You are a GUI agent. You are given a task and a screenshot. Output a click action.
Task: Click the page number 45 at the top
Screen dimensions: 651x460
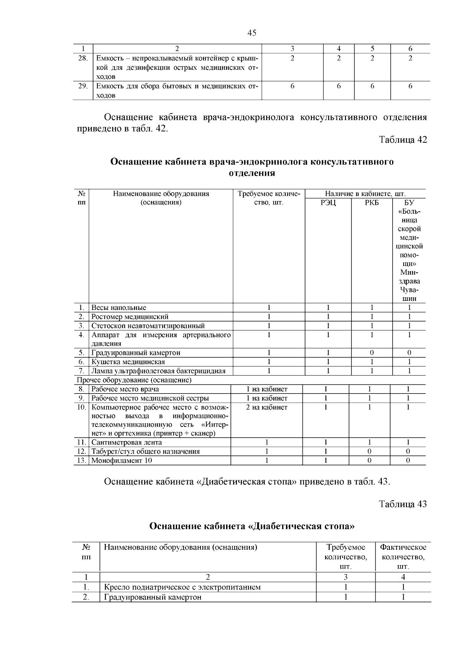tap(252, 33)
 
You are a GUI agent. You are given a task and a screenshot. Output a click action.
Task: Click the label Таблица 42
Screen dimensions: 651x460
tap(402, 140)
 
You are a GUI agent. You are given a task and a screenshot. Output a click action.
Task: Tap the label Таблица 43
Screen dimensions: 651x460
tap(402, 504)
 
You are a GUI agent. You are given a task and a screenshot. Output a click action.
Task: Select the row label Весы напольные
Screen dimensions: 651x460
tap(119, 308)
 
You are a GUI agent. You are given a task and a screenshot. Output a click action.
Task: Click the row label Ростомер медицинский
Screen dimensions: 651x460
tap(130, 317)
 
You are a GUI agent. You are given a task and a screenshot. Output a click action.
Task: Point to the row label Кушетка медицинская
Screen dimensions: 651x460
tap(128, 362)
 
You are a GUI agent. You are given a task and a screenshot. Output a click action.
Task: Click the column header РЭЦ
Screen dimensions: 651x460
tap(328, 203)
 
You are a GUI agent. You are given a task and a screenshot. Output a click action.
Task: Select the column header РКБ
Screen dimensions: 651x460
tap(371, 203)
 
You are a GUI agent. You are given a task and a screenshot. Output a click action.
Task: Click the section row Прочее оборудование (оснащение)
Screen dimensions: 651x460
tap(134, 380)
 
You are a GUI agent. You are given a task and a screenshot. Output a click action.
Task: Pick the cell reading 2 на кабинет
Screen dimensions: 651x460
tap(266, 407)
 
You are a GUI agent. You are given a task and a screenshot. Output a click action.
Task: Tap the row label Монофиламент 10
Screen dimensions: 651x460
tap(122, 461)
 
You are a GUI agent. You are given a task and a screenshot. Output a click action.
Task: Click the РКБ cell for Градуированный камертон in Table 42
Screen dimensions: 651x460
tap(371, 353)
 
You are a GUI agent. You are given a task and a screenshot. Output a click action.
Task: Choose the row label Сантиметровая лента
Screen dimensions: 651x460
tap(127, 442)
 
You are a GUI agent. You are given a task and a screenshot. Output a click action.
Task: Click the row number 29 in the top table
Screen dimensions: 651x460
tap(83, 86)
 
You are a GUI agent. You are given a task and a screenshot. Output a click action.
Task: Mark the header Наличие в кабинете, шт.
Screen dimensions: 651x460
tap(365, 194)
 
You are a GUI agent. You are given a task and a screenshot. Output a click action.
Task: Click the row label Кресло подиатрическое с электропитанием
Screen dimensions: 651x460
tap(182, 587)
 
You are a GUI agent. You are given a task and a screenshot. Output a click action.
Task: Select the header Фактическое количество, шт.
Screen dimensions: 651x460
tap(403, 556)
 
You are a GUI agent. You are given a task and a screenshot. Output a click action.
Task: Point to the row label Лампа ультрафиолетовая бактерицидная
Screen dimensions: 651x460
tap(158, 371)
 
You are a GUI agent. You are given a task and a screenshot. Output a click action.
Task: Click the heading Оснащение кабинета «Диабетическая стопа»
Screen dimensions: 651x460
tap(252, 526)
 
